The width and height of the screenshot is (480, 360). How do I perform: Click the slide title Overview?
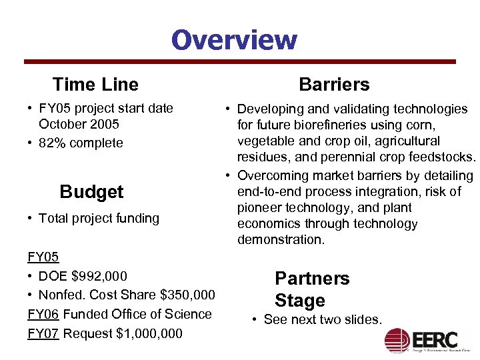[234, 39]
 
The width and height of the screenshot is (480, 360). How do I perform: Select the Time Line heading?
[95, 85]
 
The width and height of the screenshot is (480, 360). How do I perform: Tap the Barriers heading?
[334, 85]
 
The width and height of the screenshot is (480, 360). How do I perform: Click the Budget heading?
[91, 192]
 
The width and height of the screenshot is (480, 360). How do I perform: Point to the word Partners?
[312, 278]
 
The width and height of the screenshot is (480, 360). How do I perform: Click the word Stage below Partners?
[300, 301]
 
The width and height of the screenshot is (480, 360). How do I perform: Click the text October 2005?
[79, 124]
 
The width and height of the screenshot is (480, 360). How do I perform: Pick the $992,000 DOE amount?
[99, 276]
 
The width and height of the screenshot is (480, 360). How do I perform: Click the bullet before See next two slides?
[256, 320]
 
